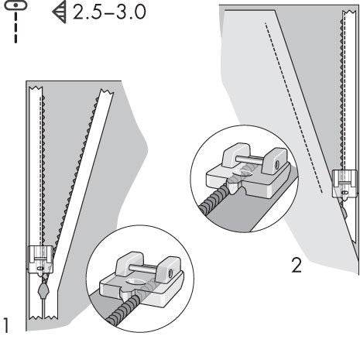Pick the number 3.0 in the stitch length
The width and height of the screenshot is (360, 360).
tap(133, 15)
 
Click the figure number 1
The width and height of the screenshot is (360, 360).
tap(8, 325)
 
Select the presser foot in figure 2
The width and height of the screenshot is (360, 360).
tap(341, 183)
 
